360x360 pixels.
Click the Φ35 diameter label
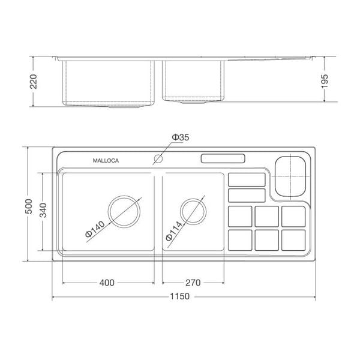pyautogui.click(x=180, y=138)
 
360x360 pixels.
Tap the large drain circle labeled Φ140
pyautogui.click(x=125, y=211)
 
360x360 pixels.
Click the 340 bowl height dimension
pyautogui.click(x=42, y=212)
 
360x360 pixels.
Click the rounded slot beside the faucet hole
pyautogui.click(x=222, y=159)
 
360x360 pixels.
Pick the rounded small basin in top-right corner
pyautogui.click(x=291, y=175)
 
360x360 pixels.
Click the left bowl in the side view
pyautogui.click(x=108, y=84)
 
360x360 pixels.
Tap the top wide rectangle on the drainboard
pyautogui.click(x=247, y=179)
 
